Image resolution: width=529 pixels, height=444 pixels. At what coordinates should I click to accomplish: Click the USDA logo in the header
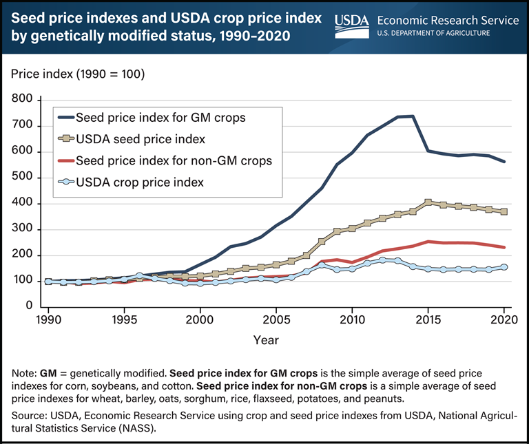point(352,24)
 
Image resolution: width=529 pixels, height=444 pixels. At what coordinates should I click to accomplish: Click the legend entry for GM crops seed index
point(159,117)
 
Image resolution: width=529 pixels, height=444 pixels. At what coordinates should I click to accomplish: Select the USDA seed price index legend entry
point(141,139)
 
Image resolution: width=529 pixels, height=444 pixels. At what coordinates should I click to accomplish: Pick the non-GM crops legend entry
point(174,160)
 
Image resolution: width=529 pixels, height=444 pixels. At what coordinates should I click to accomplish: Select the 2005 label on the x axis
point(276,320)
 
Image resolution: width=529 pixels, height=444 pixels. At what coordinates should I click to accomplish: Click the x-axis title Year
point(276,339)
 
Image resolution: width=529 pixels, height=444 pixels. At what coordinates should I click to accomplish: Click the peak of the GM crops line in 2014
point(413,116)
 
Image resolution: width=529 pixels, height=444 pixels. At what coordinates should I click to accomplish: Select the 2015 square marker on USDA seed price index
point(428,202)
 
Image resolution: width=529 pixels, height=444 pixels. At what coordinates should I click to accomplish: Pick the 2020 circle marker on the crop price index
point(504,267)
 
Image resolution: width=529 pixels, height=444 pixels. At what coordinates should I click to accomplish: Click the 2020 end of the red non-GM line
point(504,247)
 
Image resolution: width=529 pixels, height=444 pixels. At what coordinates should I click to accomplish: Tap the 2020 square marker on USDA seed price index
point(504,211)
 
